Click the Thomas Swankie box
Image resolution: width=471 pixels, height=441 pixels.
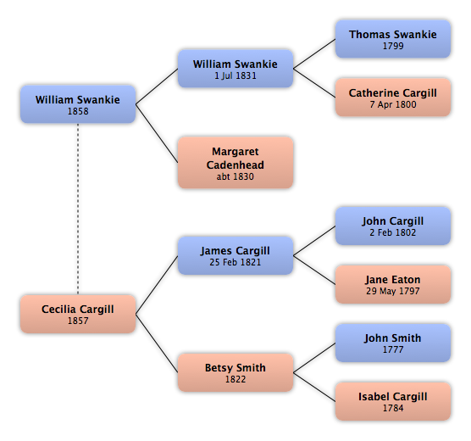393,39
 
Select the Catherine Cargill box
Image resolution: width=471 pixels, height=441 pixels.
393,98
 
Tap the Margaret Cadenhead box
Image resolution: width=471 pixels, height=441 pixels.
235,163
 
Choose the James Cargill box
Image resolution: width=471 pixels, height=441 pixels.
235,256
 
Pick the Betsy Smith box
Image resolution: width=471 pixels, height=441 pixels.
235,372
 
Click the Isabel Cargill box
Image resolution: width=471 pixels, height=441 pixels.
393,402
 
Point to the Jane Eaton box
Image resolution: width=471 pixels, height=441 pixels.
393,284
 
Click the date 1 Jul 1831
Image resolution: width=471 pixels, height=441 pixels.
235,75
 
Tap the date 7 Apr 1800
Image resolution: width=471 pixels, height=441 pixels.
393,104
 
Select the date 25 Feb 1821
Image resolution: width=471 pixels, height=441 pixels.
235,262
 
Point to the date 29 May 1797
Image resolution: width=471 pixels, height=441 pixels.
393,291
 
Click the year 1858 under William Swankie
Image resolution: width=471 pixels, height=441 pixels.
78,111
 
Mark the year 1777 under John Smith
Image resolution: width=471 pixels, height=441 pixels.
393,349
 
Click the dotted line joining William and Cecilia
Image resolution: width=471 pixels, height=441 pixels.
78,209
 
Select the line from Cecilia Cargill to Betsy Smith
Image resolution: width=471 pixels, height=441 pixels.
157,343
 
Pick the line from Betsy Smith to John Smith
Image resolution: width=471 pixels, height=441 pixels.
314,358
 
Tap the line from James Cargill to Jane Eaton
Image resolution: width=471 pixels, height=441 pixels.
314,271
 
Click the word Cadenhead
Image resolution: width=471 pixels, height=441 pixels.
235,165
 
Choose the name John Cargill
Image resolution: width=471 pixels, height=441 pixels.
393,221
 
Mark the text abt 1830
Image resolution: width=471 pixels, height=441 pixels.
235,176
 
